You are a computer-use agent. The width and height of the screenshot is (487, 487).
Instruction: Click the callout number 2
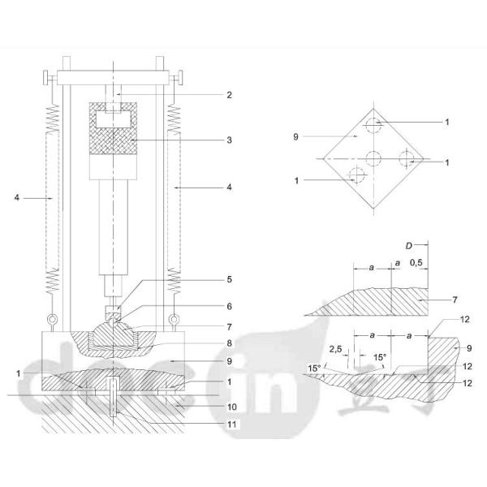(230, 95)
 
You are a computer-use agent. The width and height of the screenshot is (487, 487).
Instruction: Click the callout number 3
(230, 140)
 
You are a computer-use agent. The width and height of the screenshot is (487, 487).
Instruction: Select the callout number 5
(230, 278)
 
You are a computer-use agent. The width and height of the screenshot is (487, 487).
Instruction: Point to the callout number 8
(230, 343)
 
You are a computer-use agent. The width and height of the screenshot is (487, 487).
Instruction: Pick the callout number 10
(230, 406)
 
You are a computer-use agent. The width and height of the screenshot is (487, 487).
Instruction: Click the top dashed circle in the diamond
(373, 126)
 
